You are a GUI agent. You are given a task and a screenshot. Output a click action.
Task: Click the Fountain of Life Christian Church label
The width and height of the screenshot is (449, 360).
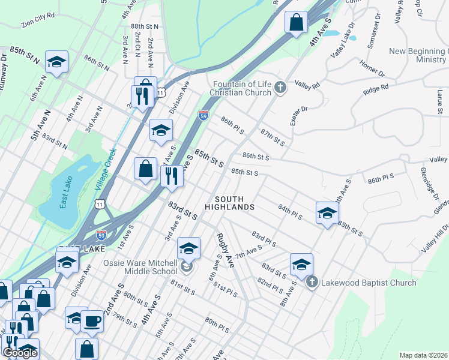pyautogui.click(x=240, y=89)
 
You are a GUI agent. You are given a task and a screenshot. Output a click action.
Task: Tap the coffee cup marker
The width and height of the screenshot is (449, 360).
pyautogui.click(x=92, y=321)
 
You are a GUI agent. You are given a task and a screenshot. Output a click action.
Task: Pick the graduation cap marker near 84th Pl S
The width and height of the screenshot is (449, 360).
pyautogui.click(x=327, y=212)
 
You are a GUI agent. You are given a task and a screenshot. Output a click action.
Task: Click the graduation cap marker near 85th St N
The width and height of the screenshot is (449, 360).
pyautogui.click(x=57, y=61)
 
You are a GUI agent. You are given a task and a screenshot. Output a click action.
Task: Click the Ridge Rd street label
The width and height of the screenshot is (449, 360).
pyautogui.click(x=376, y=90)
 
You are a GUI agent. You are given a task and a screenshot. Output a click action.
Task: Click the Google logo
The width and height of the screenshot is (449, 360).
pyautogui.click(x=20, y=353)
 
